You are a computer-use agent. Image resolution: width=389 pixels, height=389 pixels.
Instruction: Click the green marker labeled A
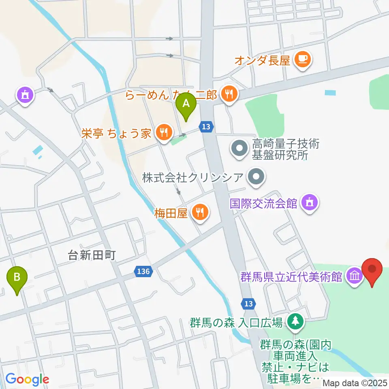(x=186, y=105)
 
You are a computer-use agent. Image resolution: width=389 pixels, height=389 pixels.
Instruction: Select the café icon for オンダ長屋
(x=302, y=60)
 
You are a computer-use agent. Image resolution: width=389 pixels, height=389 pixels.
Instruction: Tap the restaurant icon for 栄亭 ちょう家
(x=164, y=133)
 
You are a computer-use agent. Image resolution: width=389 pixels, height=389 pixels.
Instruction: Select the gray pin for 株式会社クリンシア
(x=256, y=177)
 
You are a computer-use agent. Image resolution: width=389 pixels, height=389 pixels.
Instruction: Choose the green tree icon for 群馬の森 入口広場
(x=295, y=321)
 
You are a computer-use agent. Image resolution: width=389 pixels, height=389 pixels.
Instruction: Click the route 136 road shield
(x=144, y=271)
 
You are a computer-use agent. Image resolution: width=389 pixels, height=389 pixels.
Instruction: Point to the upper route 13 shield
(x=206, y=127)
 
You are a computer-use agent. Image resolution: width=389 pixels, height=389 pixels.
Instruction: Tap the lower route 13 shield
(x=248, y=303)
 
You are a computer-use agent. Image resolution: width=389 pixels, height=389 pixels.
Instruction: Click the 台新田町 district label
(x=92, y=255)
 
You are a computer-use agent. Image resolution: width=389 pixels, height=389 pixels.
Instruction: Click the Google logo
(x=27, y=379)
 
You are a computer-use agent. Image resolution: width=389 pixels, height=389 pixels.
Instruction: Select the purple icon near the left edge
(x=25, y=95)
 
